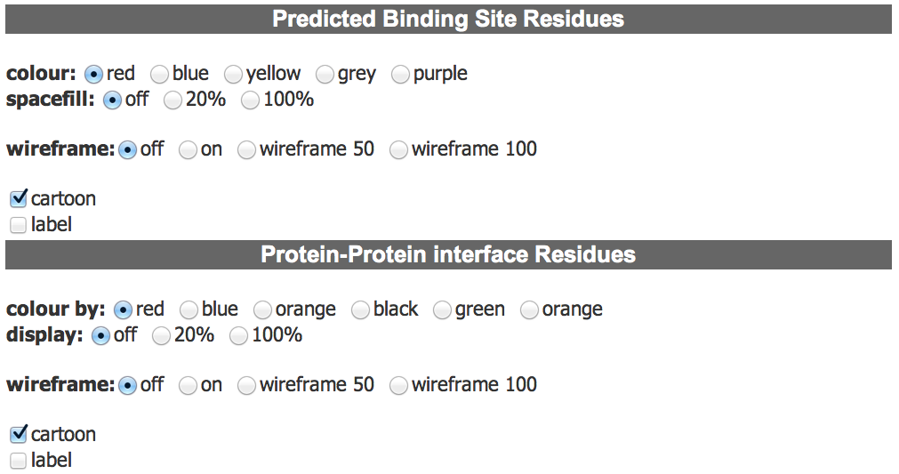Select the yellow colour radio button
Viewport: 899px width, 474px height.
click(233, 74)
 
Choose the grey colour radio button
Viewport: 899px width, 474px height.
click(325, 74)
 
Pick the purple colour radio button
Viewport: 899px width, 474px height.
click(401, 74)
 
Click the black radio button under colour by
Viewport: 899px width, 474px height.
click(361, 310)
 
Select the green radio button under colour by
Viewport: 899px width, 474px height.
click(443, 310)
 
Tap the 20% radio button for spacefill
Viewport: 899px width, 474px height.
click(173, 100)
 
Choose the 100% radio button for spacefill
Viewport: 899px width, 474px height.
click(251, 100)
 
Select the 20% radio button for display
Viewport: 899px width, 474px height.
click(162, 336)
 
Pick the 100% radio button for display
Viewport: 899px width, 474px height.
click(239, 336)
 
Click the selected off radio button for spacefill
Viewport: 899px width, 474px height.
click(112, 100)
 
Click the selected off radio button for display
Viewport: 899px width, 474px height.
click(100, 336)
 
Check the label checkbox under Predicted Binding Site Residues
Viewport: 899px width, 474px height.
click(19, 225)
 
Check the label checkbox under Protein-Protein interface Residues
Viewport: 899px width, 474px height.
click(19, 461)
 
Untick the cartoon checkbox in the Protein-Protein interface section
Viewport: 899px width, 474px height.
click(19, 434)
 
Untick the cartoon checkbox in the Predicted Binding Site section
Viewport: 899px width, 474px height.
click(19, 198)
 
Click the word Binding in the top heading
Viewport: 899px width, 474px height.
click(425, 19)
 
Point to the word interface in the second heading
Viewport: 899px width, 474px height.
click(481, 254)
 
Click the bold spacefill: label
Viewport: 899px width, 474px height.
click(51, 100)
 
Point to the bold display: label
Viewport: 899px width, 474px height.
click(44, 335)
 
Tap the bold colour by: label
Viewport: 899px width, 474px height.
click(56, 309)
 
